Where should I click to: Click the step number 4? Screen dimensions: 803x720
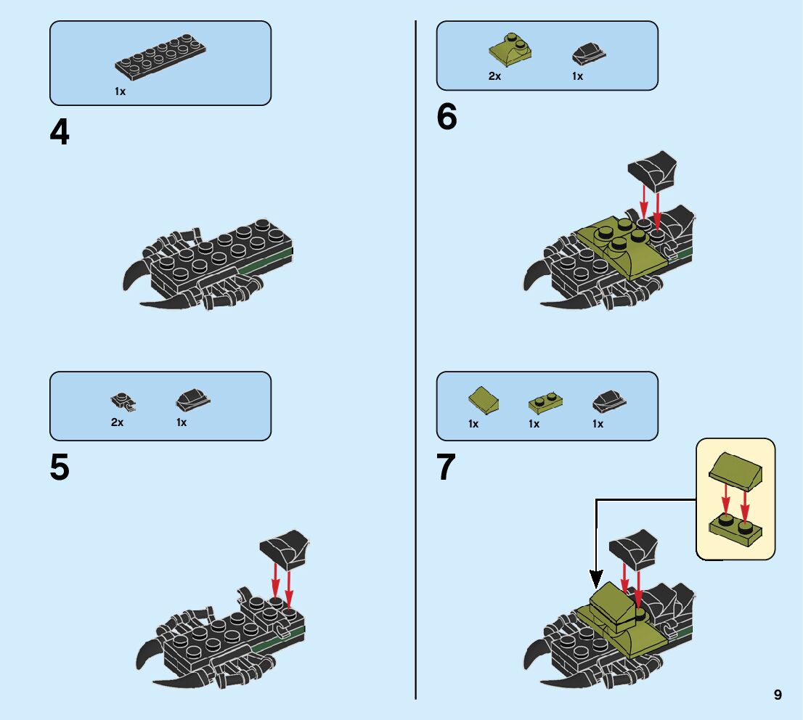[x=60, y=132]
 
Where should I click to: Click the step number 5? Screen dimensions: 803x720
[x=60, y=467]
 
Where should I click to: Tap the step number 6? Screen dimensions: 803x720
[x=447, y=116]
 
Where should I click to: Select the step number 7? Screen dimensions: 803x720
[x=446, y=467]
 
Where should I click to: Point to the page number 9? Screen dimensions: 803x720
[x=778, y=695]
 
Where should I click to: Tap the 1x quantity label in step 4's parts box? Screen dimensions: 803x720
[x=120, y=91]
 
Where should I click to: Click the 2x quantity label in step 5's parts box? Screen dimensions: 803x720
[x=118, y=422]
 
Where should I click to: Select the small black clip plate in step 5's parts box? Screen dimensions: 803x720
[x=123, y=402]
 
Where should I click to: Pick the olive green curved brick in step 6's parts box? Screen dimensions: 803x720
[x=510, y=50]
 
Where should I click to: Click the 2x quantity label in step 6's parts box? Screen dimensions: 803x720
[x=494, y=76]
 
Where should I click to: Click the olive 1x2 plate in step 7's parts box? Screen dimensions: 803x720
[x=545, y=403]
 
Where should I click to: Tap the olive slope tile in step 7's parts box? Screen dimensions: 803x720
[x=484, y=400]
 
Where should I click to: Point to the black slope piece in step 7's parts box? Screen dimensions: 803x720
[x=609, y=401]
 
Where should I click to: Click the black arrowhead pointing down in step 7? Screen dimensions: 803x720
[x=596, y=578]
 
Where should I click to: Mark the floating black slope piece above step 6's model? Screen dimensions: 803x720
[x=652, y=171]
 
